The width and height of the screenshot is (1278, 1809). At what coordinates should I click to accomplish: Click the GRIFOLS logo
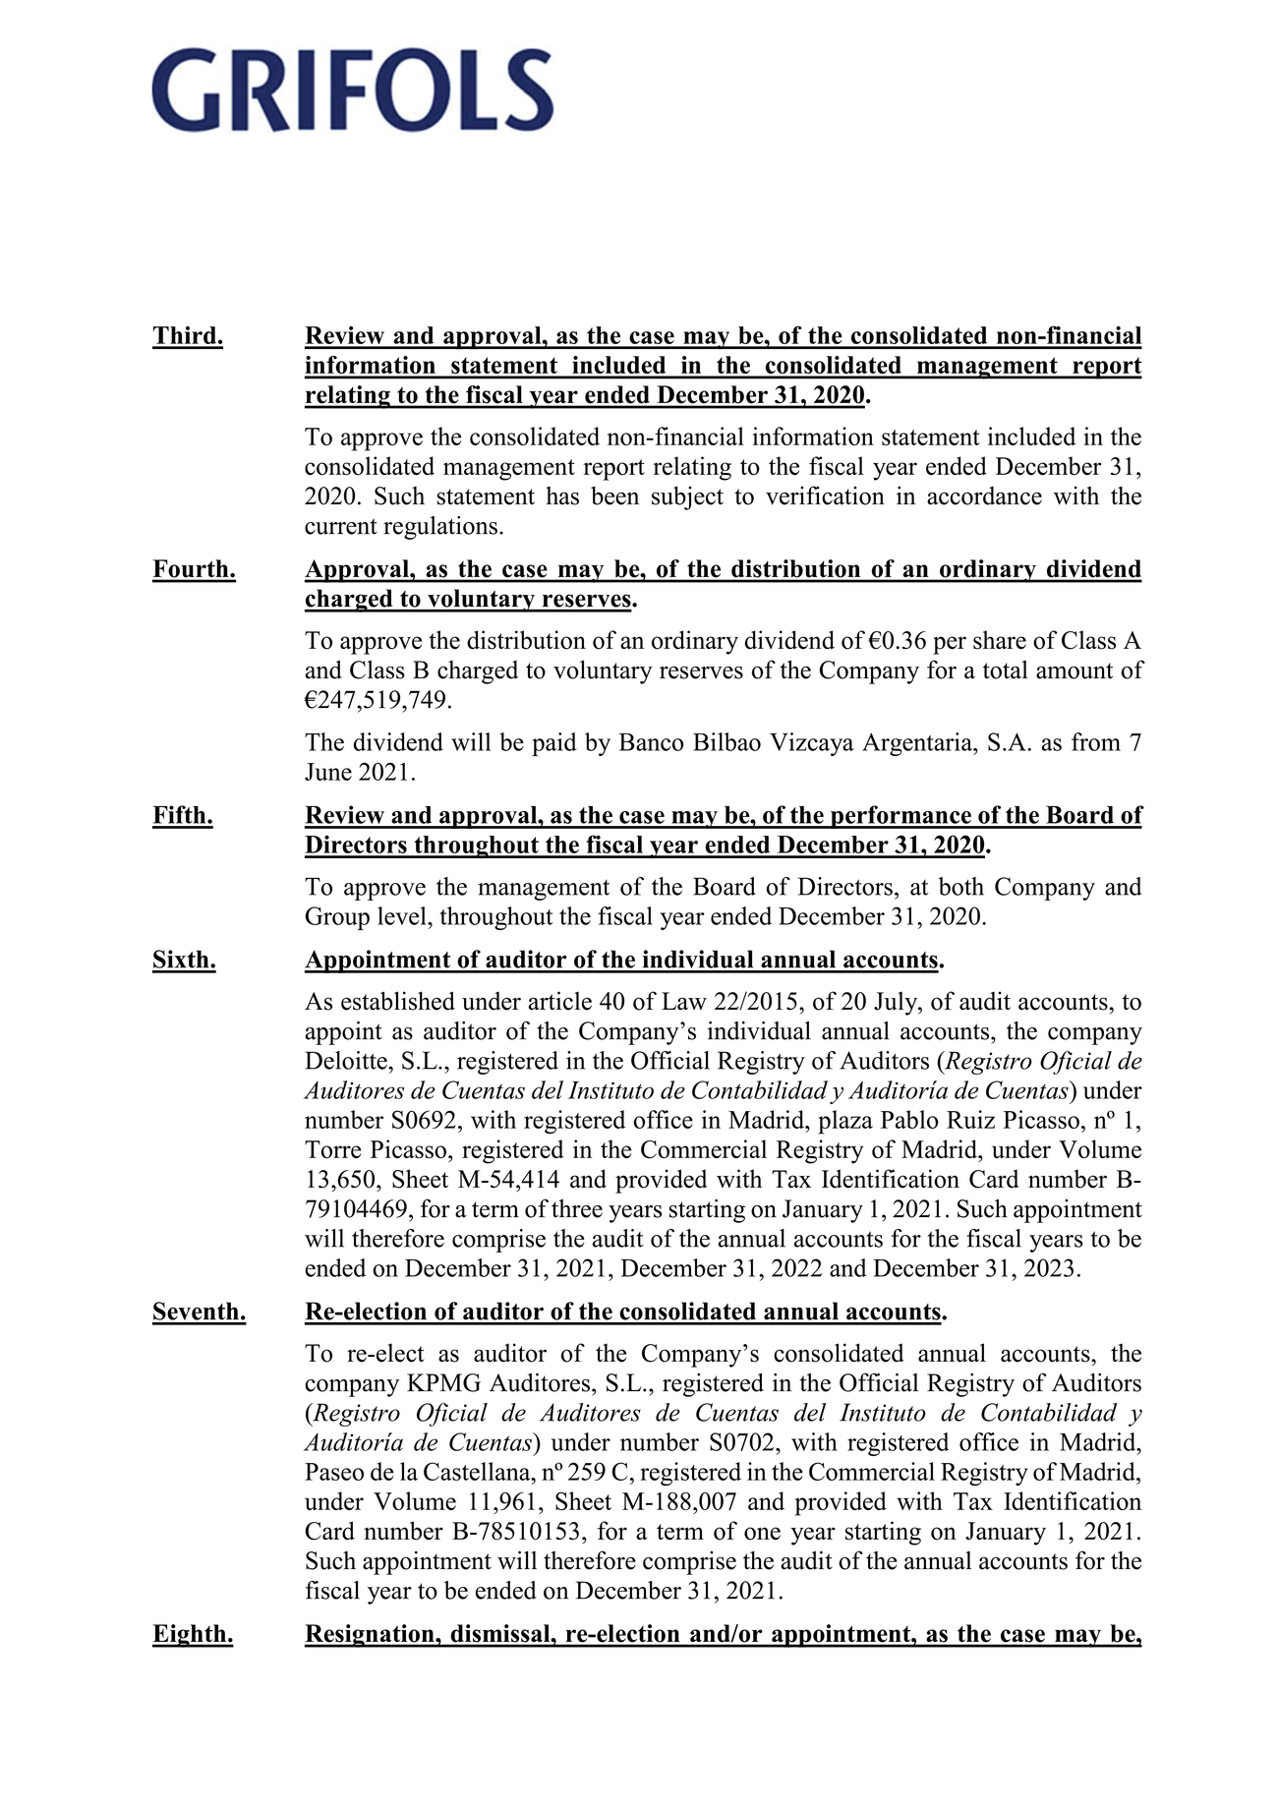pyautogui.click(x=352, y=90)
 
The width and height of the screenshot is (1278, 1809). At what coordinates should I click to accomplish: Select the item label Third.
pyautogui.click(x=188, y=336)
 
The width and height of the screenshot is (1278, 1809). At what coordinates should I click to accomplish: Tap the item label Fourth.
pyautogui.click(x=194, y=570)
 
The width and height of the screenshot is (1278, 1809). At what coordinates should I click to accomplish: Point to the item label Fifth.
pyautogui.click(x=183, y=816)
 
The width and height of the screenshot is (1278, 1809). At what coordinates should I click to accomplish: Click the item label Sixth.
pyautogui.click(x=184, y=961)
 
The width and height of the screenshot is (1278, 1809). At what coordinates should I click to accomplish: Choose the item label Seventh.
pyautogui.click(x=199, y=1313)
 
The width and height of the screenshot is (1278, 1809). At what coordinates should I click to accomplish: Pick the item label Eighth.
pyautogui.click(x=193, y=1635)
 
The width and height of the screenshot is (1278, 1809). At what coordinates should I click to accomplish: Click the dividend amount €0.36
pyautogui.click(x=898, y=642)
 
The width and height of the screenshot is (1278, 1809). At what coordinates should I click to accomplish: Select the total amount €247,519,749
pyautogui.click(x=378, y=701)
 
